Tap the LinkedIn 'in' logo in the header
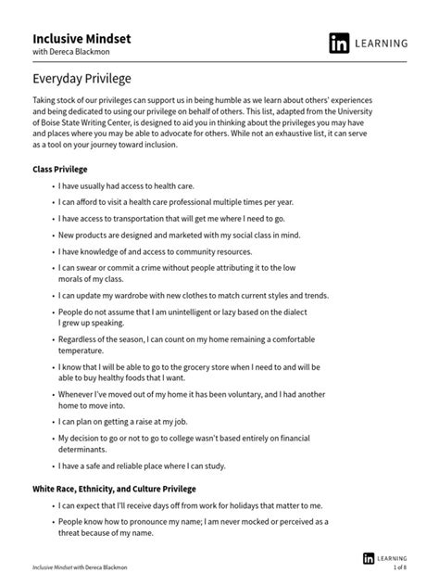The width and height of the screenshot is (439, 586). click(340, 44)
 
